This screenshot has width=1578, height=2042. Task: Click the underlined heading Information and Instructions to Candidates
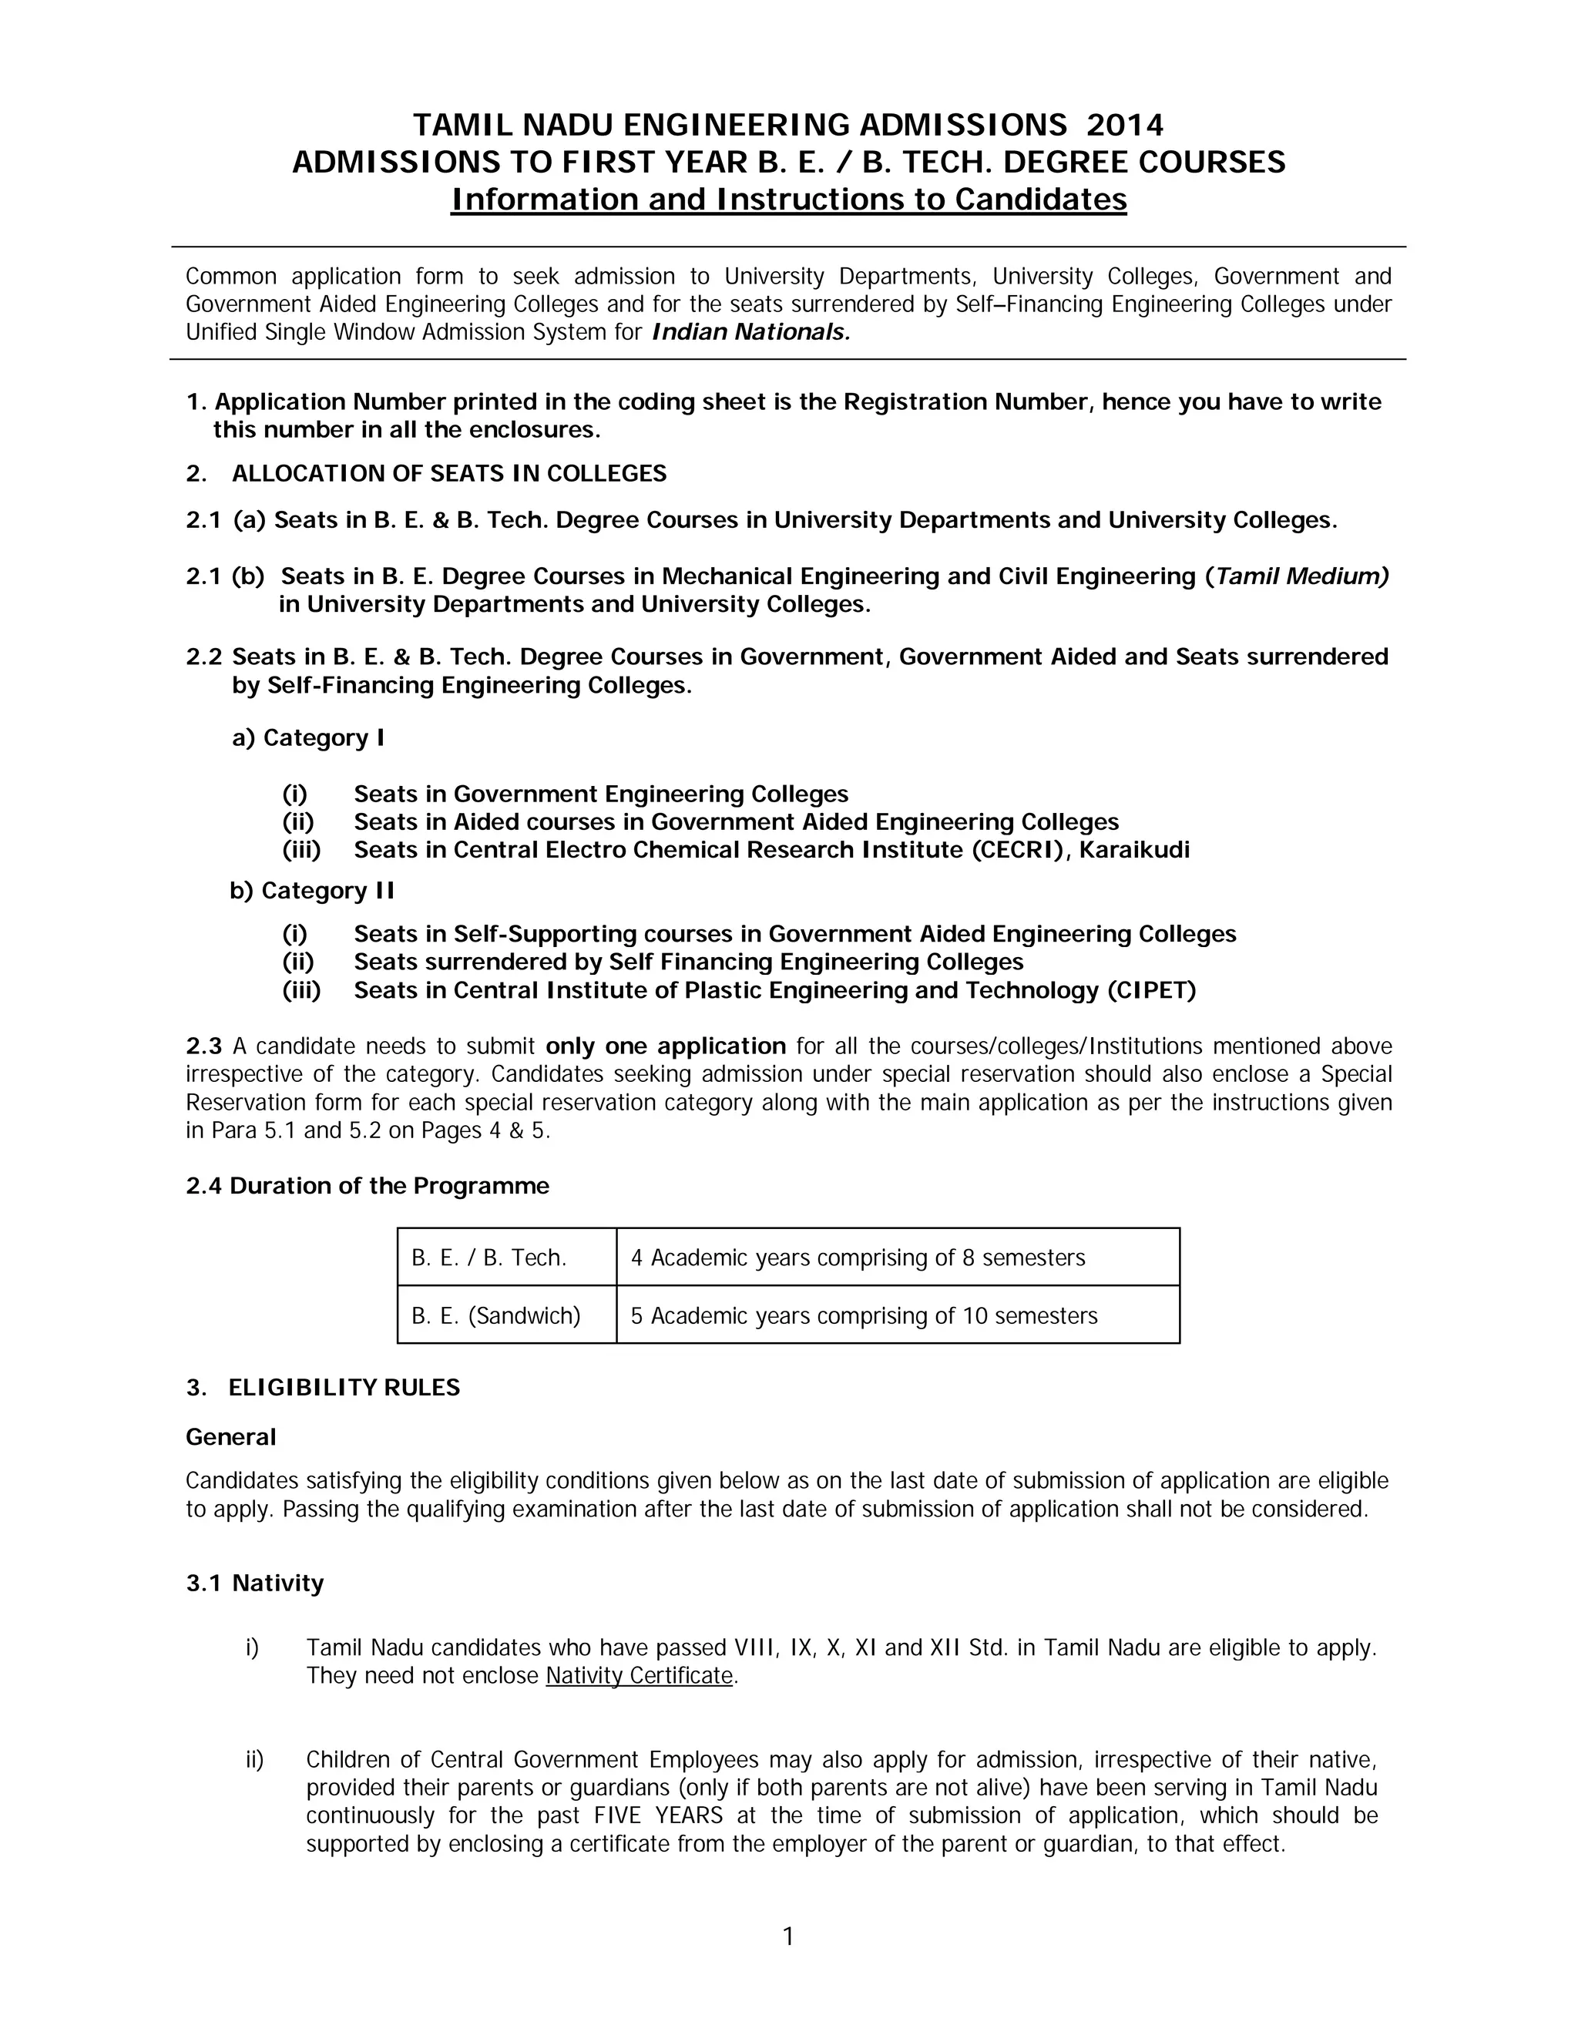tap(788, 199)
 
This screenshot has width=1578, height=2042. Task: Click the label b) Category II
tap(311, 890)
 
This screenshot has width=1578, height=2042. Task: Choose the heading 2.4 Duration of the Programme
tap(368, 1186)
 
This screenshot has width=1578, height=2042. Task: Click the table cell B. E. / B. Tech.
tap(489, 1258)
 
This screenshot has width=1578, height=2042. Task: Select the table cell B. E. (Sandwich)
tap(495, 1315)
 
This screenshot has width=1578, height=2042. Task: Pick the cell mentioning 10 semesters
tap(863, 1315)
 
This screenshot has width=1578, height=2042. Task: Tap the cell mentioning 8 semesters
tap(858, 1258)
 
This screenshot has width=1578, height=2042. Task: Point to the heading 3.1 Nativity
tap(254, 1583)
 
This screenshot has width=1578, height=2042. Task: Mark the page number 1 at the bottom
tap(788, 1936)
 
